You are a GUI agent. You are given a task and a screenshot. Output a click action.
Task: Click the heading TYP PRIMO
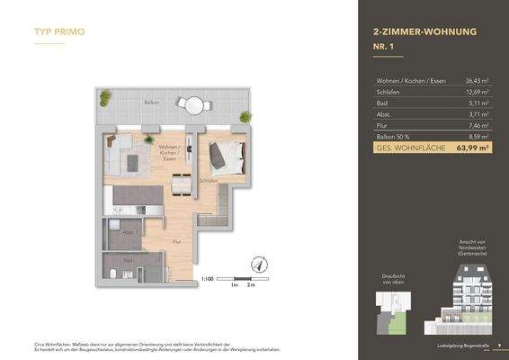pos(59,31)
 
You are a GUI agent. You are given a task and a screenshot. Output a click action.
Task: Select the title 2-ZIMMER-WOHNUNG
pos(424,31)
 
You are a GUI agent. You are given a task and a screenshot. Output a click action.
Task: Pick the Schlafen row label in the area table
pos(388,92)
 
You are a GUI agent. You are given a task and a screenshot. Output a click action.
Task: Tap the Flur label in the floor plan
pos(177,241)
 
